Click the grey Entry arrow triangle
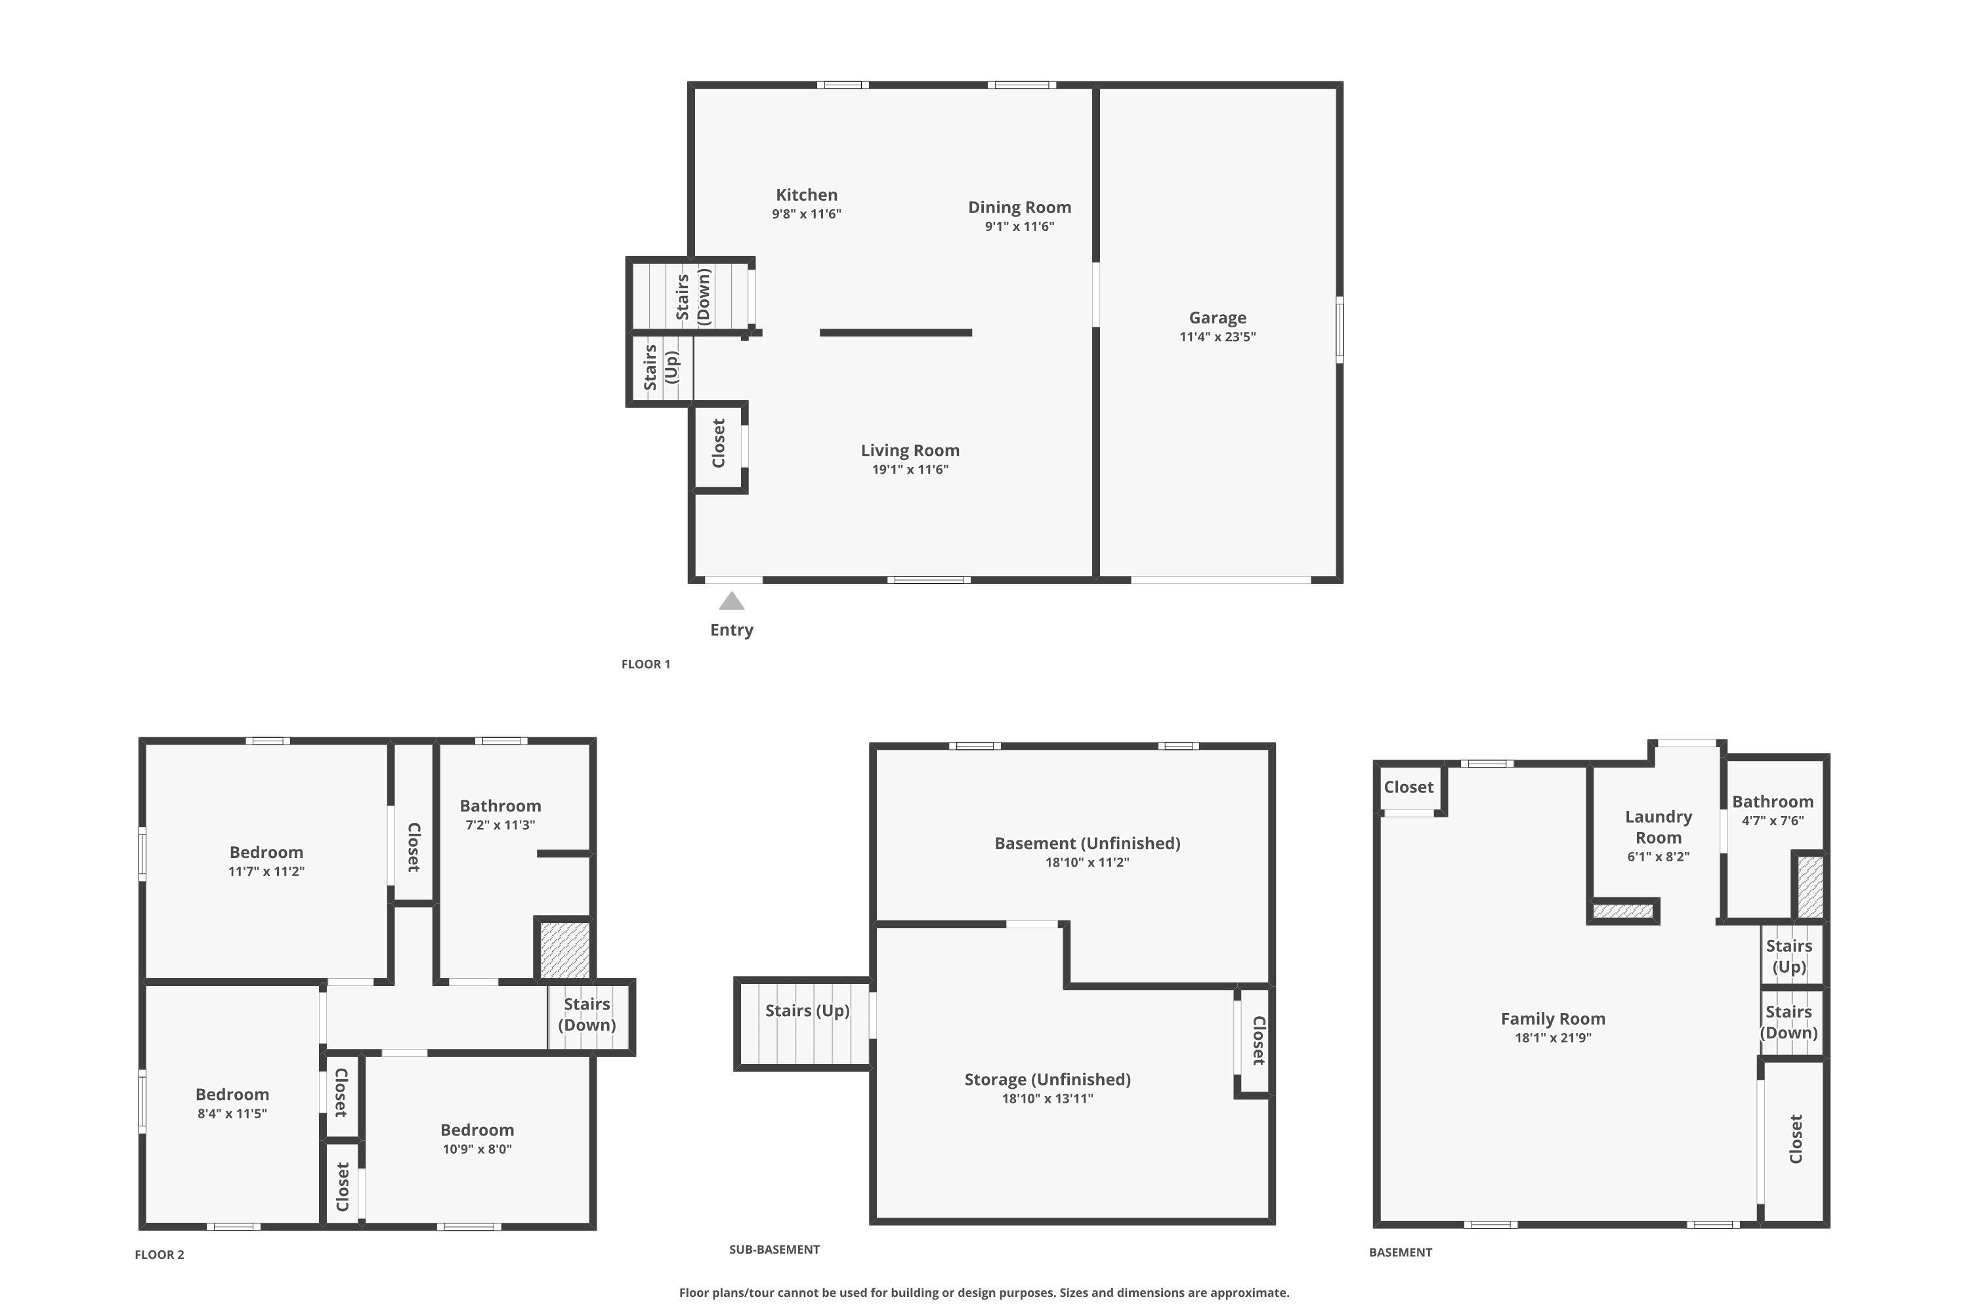click(732, 602)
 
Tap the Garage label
click(1217, 318)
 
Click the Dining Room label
click(1019, 207)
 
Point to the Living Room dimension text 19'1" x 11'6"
click(910, 470)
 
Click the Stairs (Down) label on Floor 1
click(693, 297)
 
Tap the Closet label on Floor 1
click(718, 443)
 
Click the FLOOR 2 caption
click(159, 1254)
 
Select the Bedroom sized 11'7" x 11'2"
click(266, 853)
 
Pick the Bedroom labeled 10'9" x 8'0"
click(477, 1130)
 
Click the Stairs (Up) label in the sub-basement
click(807, 1011)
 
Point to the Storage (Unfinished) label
click(1048, 1079)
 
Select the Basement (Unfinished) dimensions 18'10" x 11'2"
click(1087, 863)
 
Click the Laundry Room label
click(1658, 827)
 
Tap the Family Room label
click(1552, 1019)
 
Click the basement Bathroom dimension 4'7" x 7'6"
click(1772, 821)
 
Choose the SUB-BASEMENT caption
click(774, 1249)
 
